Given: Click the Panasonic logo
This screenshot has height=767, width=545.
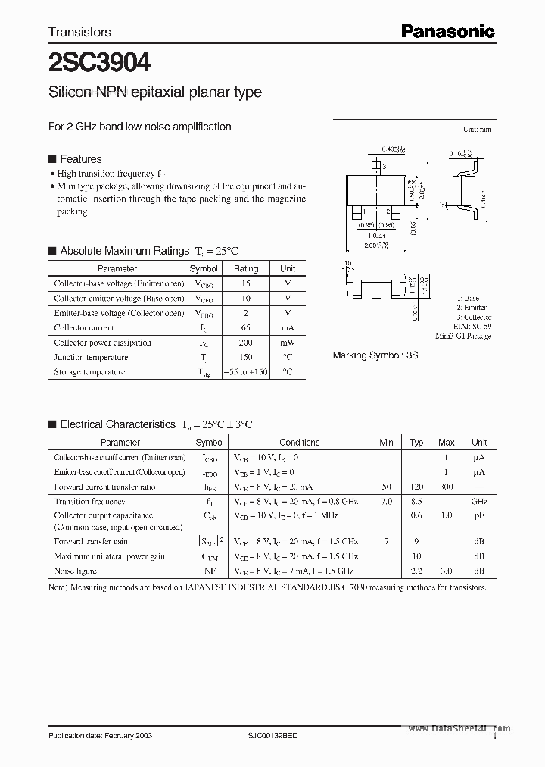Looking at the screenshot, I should (447, 31).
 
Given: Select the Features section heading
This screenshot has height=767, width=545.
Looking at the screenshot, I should (80, 159).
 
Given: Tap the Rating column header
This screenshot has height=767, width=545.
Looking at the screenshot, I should (246, 268).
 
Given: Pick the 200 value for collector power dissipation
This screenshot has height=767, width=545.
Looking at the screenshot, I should (246, 343).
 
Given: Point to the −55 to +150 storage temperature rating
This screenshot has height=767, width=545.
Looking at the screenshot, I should (246, 372).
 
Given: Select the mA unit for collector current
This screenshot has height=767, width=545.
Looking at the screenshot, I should (288, 327).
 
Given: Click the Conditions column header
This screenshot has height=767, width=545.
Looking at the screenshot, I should (299, 443).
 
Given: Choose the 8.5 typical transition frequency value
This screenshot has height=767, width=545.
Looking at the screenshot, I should (416, 502).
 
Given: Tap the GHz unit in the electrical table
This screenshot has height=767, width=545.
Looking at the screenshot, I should (479, 502).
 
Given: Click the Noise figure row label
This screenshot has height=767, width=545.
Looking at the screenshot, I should (76, 571).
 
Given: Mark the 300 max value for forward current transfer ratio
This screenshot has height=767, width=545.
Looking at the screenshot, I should (446, 487).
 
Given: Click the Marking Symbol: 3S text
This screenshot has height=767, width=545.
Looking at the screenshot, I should (375, 355).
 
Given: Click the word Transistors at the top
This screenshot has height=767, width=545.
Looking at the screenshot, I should (79, 32).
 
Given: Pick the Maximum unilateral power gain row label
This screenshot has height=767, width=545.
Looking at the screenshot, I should (110, 556).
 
